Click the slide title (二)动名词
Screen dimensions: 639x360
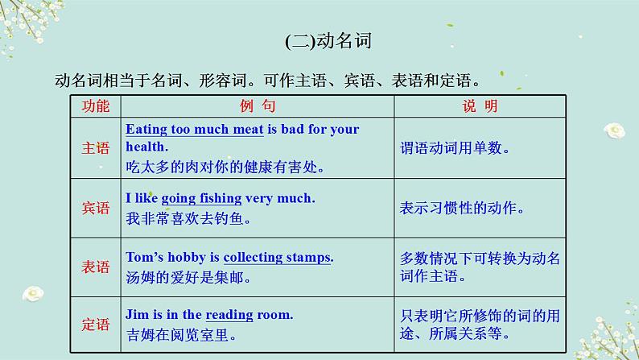328,41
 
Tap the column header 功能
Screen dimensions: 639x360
95,106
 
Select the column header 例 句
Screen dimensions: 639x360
258,106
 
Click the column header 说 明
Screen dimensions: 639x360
480,106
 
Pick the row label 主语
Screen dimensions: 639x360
95,148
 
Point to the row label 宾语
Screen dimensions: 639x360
95,208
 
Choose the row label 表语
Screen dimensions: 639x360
95,267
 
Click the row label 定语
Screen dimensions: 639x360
95,325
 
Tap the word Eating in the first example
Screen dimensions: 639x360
146,130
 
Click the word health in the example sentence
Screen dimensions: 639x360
146,147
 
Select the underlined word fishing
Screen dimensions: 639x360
221,199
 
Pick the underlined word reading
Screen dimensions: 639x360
229,315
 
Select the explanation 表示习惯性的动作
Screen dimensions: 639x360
462,208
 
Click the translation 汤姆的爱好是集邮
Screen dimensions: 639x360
188,278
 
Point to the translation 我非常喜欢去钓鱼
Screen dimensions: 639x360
188,218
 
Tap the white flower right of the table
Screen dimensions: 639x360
615,130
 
